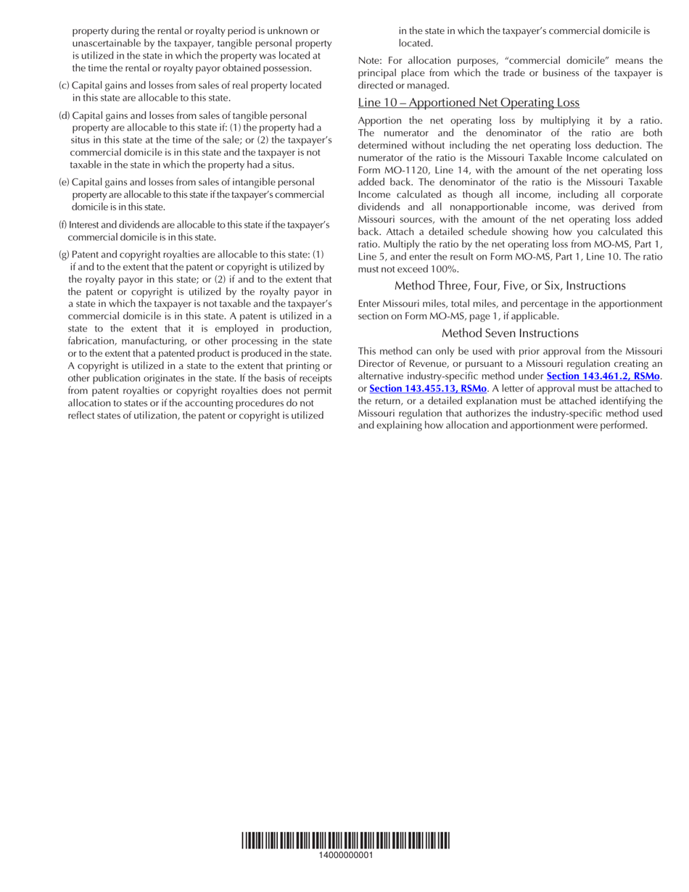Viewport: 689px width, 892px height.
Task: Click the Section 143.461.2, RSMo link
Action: (x=603, y=376)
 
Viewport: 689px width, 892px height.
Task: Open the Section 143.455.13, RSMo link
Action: (x=428, y=389)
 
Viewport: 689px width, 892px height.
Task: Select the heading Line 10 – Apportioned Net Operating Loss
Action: (x=469, y=103)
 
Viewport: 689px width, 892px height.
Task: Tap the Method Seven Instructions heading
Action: (x=510, y=334)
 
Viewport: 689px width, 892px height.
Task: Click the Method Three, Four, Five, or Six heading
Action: (x=510, y=286)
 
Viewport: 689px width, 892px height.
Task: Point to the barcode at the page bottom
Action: (x=345, y=841)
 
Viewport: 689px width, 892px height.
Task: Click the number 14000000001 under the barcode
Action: (x=345, y=855)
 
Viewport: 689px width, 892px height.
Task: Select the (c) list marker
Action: (x=65, y=86)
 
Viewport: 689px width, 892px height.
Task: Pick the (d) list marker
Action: (x=65, y=116)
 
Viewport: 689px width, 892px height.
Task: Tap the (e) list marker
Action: (x=65, y=182)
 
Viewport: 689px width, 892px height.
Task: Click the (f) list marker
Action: (x=63, y=225)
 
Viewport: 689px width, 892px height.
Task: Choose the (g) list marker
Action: (x=65, y=255)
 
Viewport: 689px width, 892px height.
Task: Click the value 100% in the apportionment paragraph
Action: (x=445, y=269)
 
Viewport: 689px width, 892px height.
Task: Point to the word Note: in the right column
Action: (x=371, y=61)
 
